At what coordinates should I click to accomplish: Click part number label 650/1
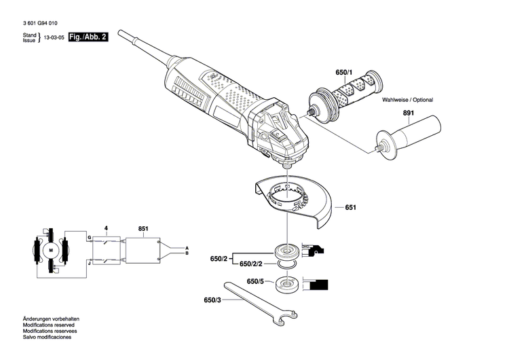pyautogui.click(x=344, y=73)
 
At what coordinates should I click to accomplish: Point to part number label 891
pyautogui.click(x=407, y=113)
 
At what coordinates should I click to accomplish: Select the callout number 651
pyautogui.click(x=350, y=207)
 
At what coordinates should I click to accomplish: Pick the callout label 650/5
pyautogui.click(x=255, y=281)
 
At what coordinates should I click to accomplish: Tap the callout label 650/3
pyautogui.click(x=212, y=299)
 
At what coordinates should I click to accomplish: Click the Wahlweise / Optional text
pyautogui.click(x=407, y=100)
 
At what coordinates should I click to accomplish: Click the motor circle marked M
pyautogui.click(x=50, y=251)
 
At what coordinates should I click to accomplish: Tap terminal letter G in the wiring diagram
pyautogui.click(x=88, y=237)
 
